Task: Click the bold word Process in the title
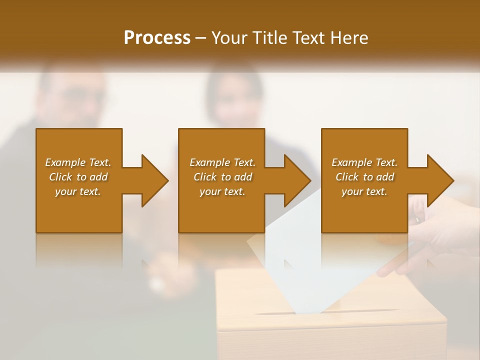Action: pos(157,38)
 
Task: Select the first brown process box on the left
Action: pos(79,210)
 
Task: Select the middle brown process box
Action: pos(221,210)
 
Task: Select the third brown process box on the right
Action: pos(364,210)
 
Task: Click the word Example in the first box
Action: pos(65,162)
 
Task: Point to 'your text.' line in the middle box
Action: pos(222,191)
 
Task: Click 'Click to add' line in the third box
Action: pos(364,177)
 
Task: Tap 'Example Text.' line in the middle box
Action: pos(222,162)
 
